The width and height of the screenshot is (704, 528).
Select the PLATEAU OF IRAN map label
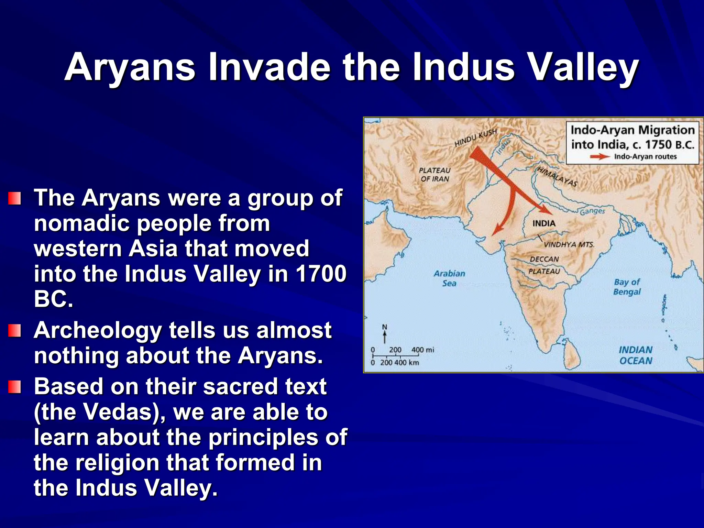[x=435, y=175]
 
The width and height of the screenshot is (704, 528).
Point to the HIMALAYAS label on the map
[x=557, y=176]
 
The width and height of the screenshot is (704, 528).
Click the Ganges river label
[x=592, y=211]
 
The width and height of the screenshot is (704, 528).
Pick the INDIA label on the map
[x=544, y=223]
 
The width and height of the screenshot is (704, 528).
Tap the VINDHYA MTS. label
[x=569, y=244]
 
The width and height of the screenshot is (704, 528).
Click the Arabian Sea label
[x=449, y=278]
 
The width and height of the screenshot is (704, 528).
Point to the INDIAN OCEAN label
[x=636, y=355]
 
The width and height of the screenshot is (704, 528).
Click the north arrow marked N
[x=385, y=333]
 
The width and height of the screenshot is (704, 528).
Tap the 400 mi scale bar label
[x=422, y=350]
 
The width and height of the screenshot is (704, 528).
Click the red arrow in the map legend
[x=599, y=157]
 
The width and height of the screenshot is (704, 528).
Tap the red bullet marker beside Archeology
[x=15, y=331]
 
